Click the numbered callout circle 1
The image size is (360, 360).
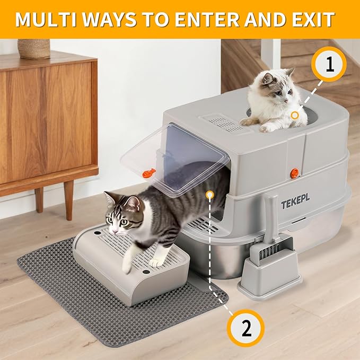pos(330,65)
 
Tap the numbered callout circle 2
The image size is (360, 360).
pos(246,328)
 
